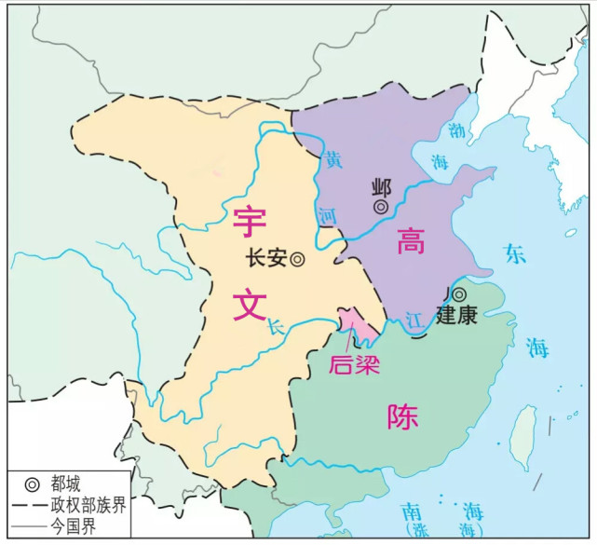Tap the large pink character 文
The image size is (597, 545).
click(x=250, y=303)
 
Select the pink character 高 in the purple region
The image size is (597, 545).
click(x=410, y=243)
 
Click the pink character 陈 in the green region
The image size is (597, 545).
click(x=402, y=416)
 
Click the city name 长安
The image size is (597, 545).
click(x=265, y=260)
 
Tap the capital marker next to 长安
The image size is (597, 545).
click(x=297, y=260)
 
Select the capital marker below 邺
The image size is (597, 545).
click(x=381, y=206)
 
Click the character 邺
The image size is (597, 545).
click(x=381, y=184)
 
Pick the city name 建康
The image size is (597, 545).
click(x=456, y=316)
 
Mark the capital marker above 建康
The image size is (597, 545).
click(x=459, y=294)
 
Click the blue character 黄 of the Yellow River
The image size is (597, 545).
click(x=332, y=159)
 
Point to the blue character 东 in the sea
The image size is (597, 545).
click(x=515, y=253)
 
